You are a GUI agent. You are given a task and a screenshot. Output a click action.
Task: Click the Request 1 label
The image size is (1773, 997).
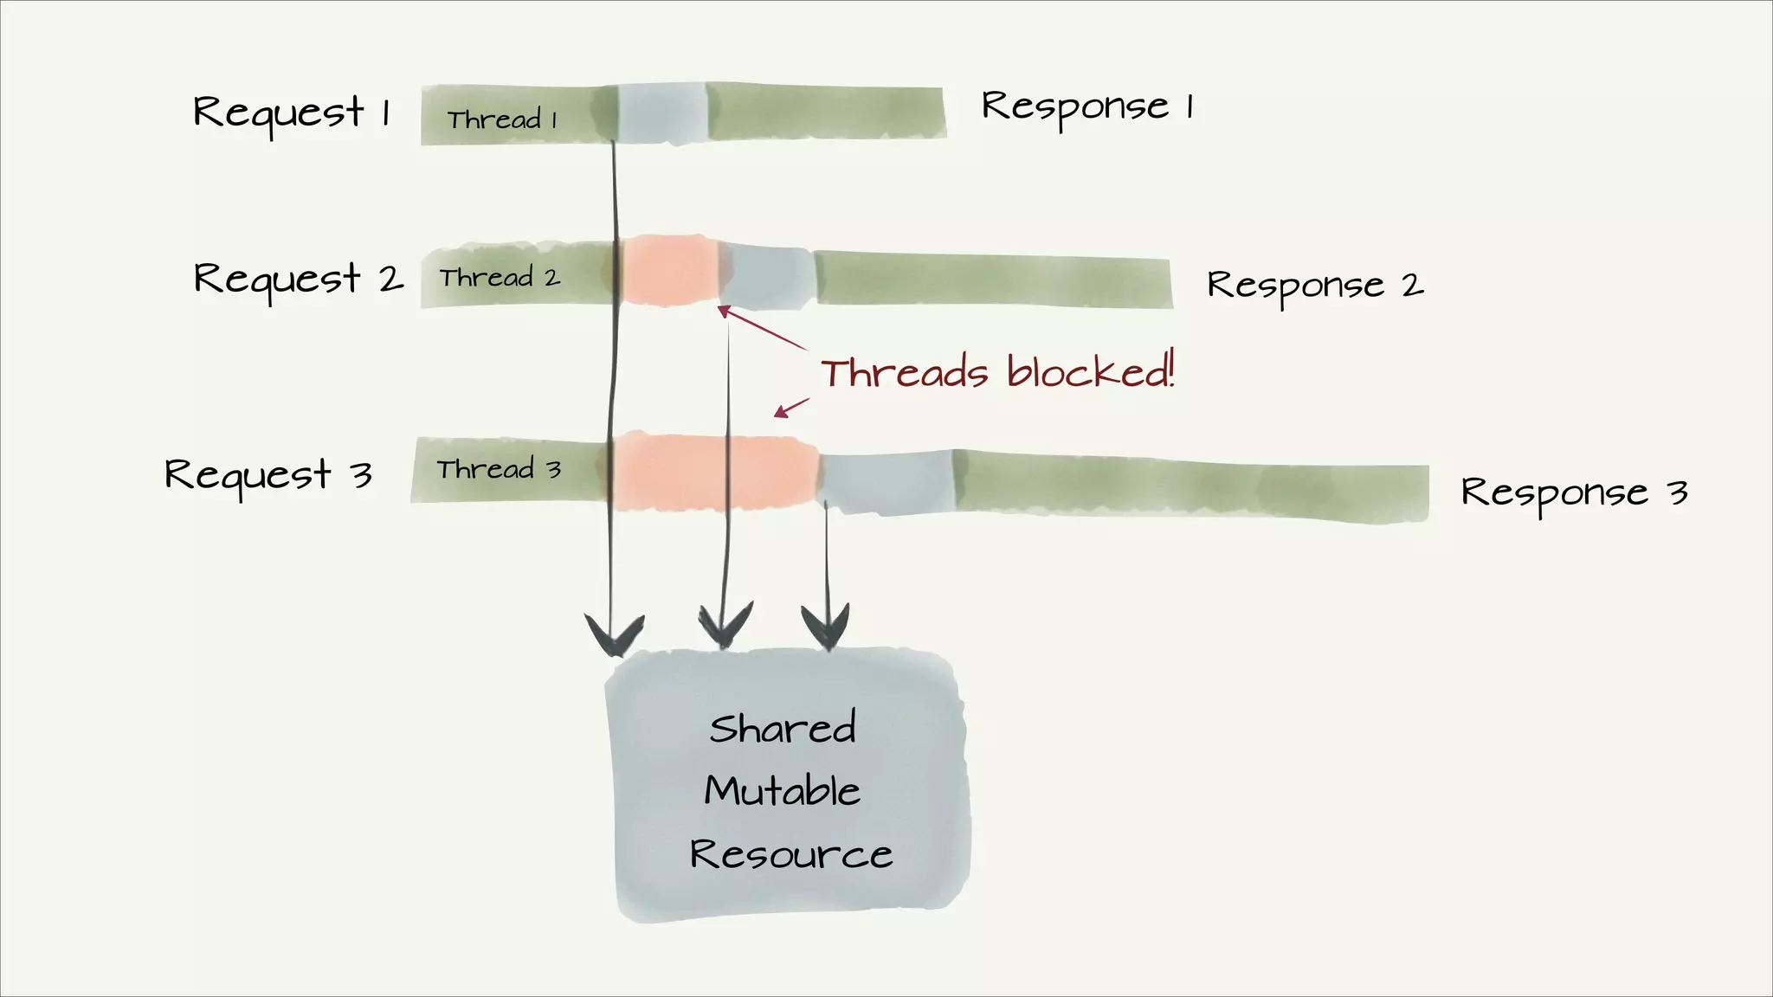pos(292,113)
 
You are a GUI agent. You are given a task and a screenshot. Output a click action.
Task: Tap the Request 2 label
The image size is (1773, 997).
pos(298,279)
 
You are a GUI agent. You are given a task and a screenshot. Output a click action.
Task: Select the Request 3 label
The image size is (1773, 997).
pos(268,474)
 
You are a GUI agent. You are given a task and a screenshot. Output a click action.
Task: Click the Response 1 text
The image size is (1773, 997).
pos(1087,107)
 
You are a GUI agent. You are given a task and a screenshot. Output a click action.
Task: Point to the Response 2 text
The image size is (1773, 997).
pos(1314,286)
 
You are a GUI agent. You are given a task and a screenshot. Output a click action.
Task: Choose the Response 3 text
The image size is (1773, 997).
pos(1573,493)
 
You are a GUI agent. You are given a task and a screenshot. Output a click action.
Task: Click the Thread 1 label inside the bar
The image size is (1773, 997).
pos(502,119)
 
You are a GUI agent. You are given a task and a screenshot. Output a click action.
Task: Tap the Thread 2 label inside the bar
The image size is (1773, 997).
pos(500,278)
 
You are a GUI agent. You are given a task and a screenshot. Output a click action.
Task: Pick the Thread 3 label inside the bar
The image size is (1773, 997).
pos(499,469)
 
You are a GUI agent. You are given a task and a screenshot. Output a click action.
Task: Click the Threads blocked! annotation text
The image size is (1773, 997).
pos(997,372)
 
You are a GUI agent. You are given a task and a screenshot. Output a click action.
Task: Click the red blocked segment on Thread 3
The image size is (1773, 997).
pos(714,473)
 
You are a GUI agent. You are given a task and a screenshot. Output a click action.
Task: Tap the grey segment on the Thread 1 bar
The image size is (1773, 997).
pos(662,113)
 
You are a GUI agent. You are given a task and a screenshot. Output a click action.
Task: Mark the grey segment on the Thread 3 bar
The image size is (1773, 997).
pos(885,483)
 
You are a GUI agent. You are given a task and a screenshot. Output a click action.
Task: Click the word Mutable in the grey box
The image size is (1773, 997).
pos(782,791)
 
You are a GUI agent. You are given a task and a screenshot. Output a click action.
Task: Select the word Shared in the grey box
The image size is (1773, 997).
pos(783,728)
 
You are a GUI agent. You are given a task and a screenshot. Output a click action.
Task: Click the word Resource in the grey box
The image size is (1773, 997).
pos(790,854)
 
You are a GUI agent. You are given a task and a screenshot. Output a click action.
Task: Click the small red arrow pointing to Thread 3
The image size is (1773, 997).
pos(791,408)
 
